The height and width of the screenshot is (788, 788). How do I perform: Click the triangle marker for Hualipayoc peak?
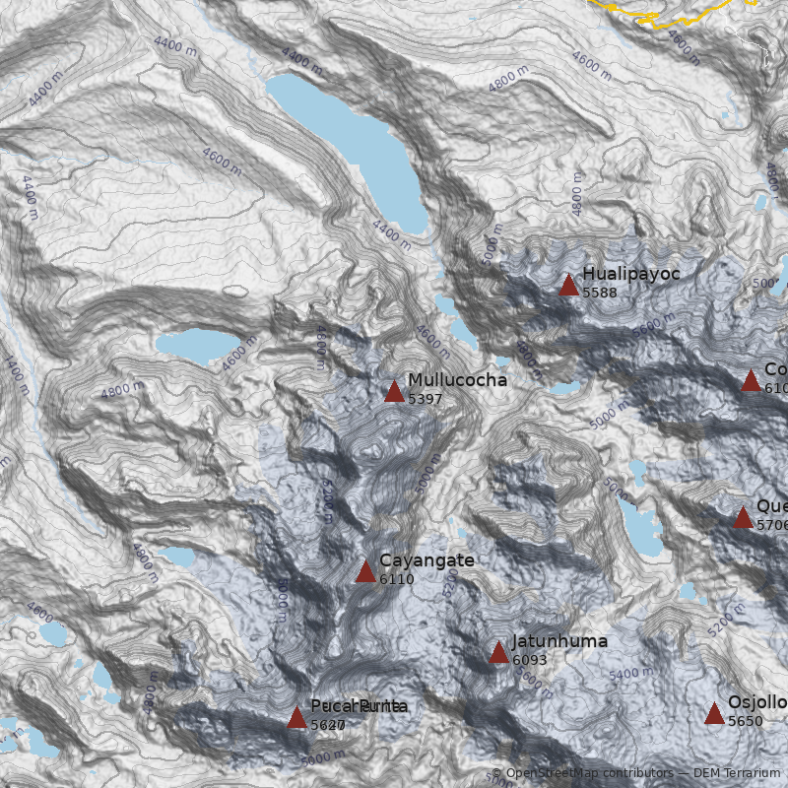tap(568, 286)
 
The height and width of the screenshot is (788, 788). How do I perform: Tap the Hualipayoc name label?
tap(630, 274)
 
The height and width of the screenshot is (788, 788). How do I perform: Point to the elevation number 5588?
tap(600, 293)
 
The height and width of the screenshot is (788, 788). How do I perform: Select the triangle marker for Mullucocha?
tap(394, 392)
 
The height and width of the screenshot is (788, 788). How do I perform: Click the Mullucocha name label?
tap(457, 380)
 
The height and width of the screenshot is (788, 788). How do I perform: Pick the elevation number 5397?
tap(426, 399)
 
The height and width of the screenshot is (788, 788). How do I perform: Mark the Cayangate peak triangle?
tap(365, 572)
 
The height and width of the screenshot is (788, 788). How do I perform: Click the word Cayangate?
tap(427, 560)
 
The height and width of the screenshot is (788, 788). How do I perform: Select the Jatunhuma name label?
tap(559, 641)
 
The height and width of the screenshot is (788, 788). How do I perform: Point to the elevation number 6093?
tap(530, 660)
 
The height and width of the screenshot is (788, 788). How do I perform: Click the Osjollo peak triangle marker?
tap(714, 714)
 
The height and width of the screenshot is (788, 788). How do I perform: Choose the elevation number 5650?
tap(746, 721)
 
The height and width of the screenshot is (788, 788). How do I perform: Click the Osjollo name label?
tap(757, 702)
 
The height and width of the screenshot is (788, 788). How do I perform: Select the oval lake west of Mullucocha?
tap(190, 346)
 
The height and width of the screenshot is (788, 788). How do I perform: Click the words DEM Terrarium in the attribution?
tap(737, 773)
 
